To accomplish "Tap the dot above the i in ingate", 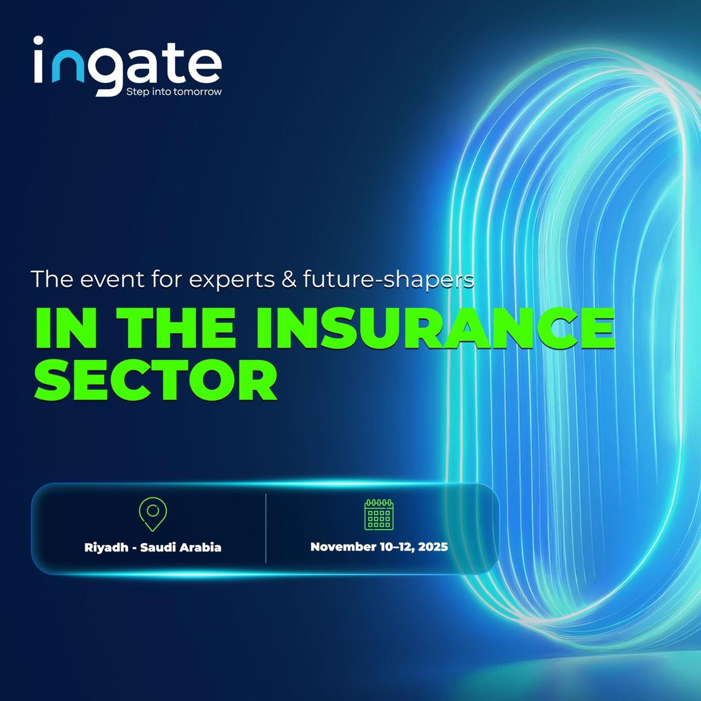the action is [x=39, y=41].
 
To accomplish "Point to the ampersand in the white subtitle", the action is [x=289, y=279].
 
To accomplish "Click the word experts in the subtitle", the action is [x=232, y=280].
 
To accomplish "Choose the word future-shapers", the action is [x=388, y=280].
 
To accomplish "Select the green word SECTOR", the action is [x=156, y=380].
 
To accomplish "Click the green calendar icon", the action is [x=379, y=514].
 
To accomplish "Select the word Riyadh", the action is [x=106, y=548].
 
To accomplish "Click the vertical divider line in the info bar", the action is [x=266, y=528].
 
